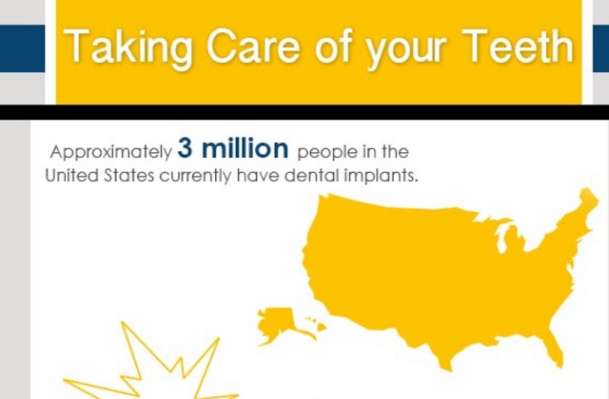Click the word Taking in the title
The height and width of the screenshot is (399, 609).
click(x=128, y=47)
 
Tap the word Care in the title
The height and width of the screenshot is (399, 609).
click(x=254, y=46)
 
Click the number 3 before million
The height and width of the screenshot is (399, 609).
click(x=185, y=148)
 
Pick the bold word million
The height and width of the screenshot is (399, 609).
click(x=246, y=148)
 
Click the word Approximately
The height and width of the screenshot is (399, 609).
click(x=111, y=152)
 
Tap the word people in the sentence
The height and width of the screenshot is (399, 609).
click(x=327, y=152)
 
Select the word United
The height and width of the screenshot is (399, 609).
click(x=72, y=176)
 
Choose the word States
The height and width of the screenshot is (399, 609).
click(x=129, y=176)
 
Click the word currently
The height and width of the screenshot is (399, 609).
click(x=195, y=177)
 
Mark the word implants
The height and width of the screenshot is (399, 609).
click(x=382, y=177)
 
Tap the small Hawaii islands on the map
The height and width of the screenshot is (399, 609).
click(x=317, y=324)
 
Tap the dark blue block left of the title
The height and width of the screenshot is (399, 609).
click(x=22, y=48)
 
